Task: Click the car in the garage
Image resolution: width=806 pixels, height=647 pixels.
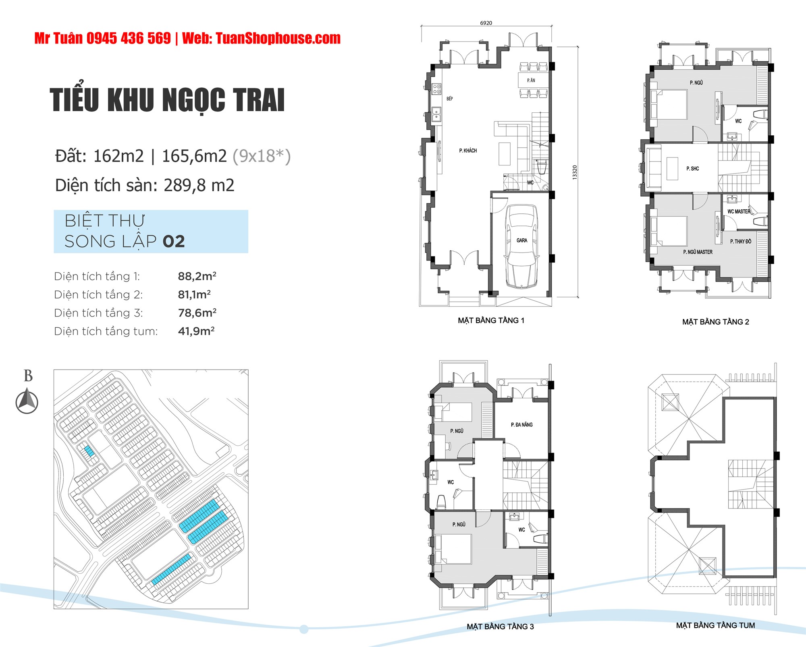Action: click(521, 246)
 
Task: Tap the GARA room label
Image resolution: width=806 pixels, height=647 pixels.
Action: click(522, 240)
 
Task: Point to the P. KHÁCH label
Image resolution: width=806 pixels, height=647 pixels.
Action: click(468, 151)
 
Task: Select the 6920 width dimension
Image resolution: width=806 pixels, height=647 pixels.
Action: click(486, 23)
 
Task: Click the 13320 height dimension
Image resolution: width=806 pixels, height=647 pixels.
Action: click(575, 172)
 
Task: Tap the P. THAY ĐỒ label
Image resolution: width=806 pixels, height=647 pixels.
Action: click(741, 242)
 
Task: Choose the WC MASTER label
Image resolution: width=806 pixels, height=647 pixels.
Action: click(739, 211)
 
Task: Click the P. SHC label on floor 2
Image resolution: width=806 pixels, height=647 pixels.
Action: click(693, 169)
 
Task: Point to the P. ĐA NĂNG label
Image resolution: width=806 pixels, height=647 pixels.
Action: click(522, 425)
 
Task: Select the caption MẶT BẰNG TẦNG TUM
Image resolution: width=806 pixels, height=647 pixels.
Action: click(715, 625)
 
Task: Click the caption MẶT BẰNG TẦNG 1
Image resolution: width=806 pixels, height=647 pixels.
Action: click(491, 320)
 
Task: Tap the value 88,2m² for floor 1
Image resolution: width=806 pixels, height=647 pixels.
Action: click(197, 276)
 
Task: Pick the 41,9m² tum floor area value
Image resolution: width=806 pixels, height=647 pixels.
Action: click(196, 331)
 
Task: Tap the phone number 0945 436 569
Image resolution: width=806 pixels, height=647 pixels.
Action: click(129, 38)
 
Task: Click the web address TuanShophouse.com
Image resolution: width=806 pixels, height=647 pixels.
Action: click(278, 38)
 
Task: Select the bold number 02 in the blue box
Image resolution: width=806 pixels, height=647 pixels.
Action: click(174, 242)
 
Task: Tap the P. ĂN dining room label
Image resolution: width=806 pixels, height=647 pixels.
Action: click(531, 81)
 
